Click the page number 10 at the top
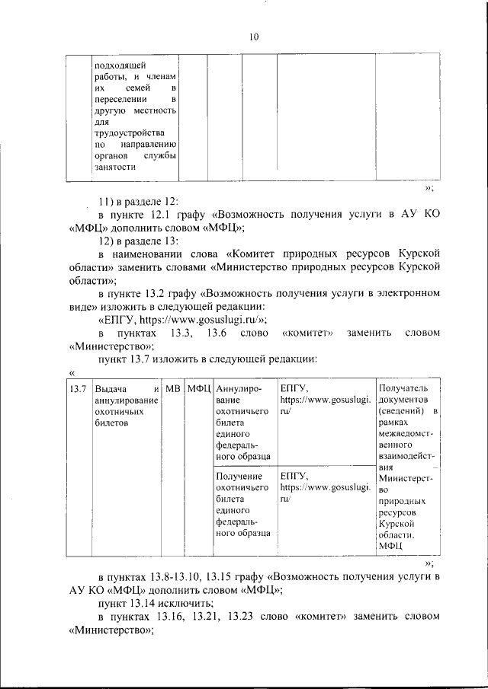[254, 37]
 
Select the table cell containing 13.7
[75, 390]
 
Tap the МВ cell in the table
[172, 390]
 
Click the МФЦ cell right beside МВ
[198, 390]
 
